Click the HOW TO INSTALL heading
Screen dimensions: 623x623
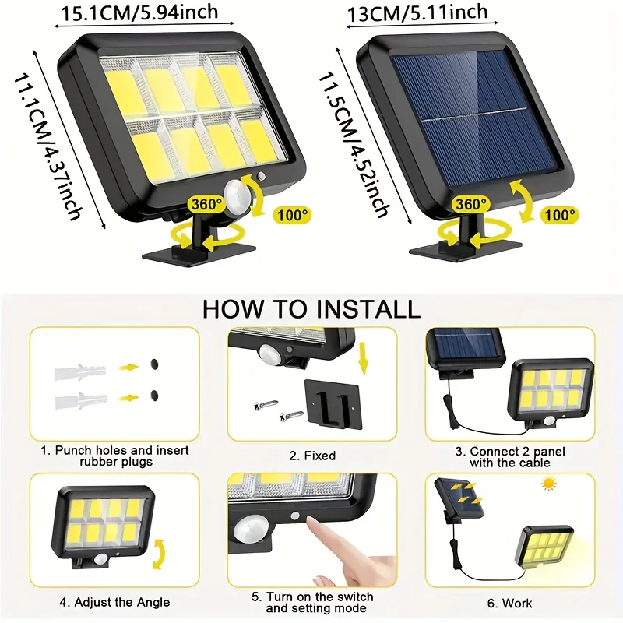(311, 308)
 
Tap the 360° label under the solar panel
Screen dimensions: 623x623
(472, 204)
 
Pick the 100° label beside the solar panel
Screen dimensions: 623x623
(560, 213)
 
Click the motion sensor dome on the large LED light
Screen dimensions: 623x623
(238, 192)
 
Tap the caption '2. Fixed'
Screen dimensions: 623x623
(311, 456)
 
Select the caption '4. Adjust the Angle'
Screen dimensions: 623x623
(114, 602)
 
